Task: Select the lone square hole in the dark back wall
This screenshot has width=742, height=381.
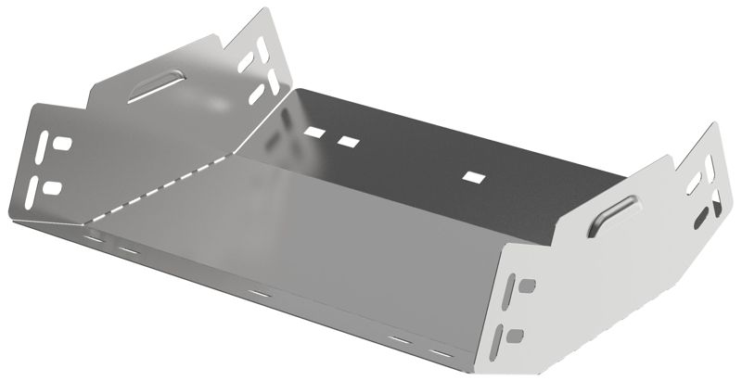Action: (474, 175)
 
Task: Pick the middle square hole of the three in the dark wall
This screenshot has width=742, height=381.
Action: (348, 141)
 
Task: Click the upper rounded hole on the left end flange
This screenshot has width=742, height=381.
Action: (62, 146)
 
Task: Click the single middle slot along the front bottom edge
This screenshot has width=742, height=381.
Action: (260, 294)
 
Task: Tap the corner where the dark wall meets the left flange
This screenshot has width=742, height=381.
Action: (294, 90)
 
